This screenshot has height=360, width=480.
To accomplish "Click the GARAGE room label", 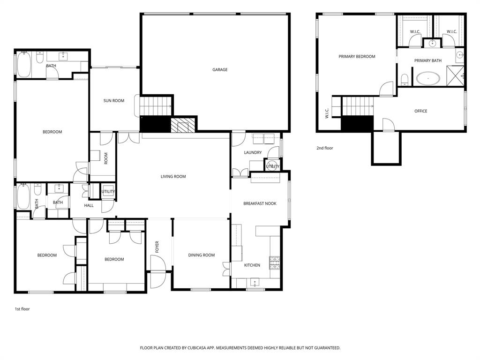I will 220,70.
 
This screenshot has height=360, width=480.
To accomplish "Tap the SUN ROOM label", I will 114,101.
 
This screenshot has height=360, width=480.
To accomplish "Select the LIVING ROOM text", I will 173,177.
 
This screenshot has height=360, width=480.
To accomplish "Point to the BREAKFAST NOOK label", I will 260,203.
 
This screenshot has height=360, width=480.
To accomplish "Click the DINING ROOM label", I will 202,255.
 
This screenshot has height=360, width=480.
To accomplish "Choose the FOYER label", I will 157,247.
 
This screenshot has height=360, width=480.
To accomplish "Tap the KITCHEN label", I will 252,265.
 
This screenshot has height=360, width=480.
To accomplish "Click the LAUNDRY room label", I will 253,153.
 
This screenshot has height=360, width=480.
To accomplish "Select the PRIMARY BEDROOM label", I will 357,57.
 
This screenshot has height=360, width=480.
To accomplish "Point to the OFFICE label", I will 421,111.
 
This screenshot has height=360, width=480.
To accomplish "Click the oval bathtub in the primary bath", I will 428,78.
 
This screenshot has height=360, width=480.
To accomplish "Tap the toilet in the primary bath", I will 405,79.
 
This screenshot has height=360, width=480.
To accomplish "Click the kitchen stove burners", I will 275,262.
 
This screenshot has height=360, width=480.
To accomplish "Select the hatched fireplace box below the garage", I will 182,125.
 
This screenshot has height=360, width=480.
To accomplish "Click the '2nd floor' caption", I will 324,148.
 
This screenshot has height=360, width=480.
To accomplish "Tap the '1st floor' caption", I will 22,309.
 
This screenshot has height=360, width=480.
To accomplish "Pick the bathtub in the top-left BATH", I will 24,65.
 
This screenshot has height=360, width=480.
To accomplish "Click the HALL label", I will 89,205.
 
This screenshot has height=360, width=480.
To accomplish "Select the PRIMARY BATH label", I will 427,61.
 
